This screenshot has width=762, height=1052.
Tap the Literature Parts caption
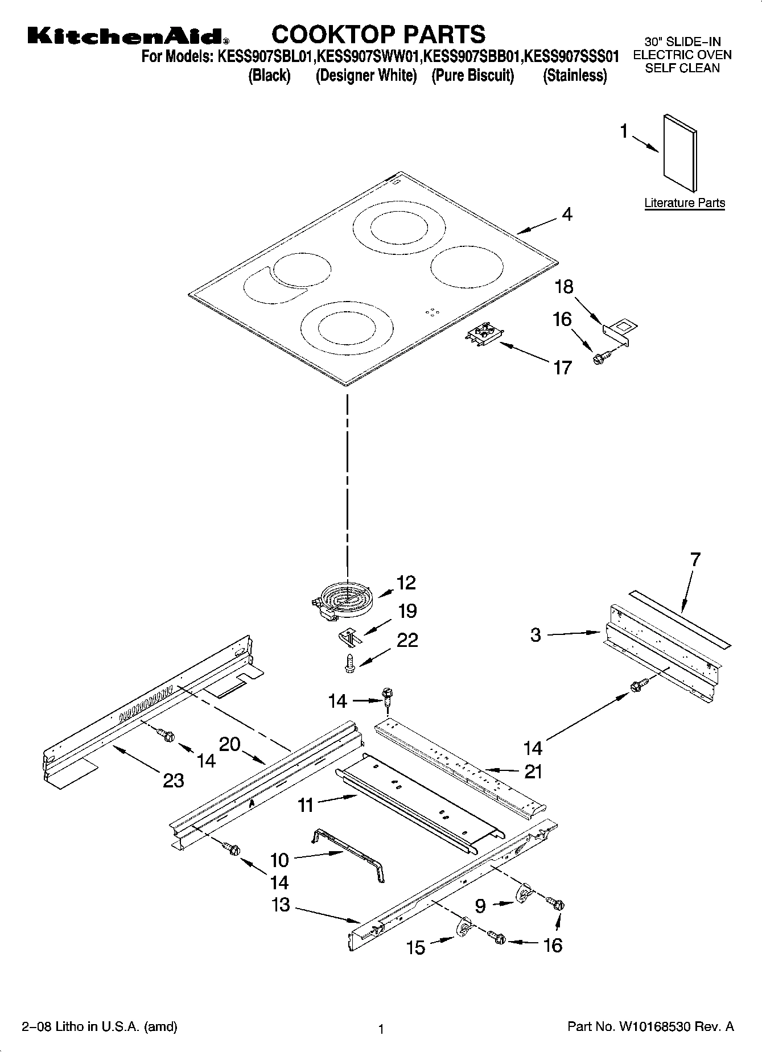click(x=685, y=203)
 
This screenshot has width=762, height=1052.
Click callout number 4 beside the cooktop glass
click(x=567, y=214)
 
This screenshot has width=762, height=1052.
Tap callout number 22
click(x=407, y=640)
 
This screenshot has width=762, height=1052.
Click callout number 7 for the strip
click(x=695, y=559)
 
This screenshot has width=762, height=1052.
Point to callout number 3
click(x=536, y=635)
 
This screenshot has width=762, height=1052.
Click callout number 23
click(x=173, y=781)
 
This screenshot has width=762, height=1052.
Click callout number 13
click(x=281, y=905)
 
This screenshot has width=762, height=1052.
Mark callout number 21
click(x=533, y=772)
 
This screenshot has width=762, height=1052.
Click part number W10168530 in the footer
click(x=650, y=1027)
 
